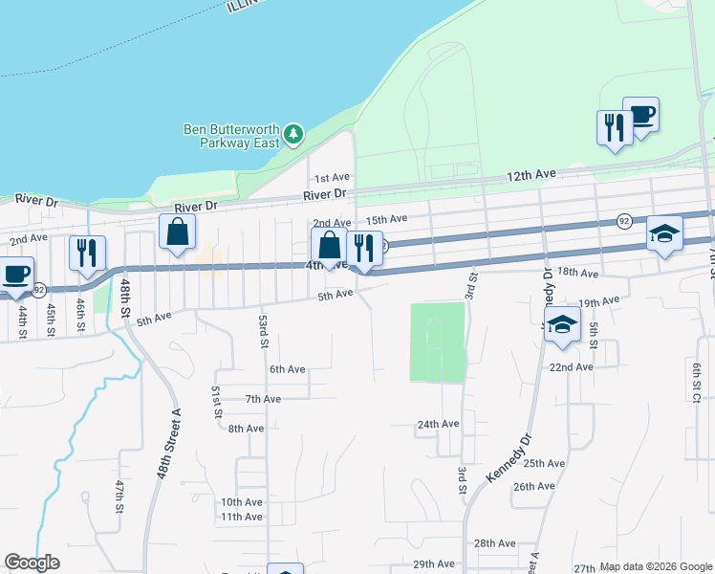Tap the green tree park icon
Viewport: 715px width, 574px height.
tap(294, 134)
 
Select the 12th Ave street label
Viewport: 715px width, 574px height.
tap(531, 175)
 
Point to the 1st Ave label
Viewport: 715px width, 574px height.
tap(333, 178)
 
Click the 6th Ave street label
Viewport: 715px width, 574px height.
tap(287, 369)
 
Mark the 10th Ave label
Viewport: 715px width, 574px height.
tap(241, 502)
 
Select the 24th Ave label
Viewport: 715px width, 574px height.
tap(438, 424)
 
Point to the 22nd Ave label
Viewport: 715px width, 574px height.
tap(571, 366)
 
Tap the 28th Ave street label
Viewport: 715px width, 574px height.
tap(495, 542)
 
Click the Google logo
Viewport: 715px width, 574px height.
tap(32, 563)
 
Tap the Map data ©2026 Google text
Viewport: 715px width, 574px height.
tap(656, 566)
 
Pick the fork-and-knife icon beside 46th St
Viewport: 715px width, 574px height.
tap(86, 254)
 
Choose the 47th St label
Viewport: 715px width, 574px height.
tap(119, 499)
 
